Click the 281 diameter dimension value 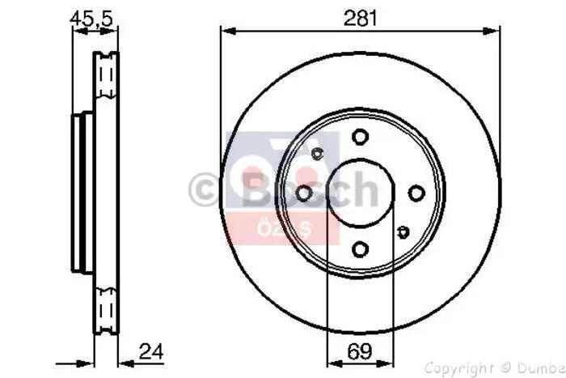point(360,18)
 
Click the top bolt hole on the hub point(360,137)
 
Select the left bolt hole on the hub point(303,193)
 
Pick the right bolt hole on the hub point(416,193)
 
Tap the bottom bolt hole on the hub point(360,249)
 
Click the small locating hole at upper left point(317,154)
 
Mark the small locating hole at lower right point(403,233)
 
